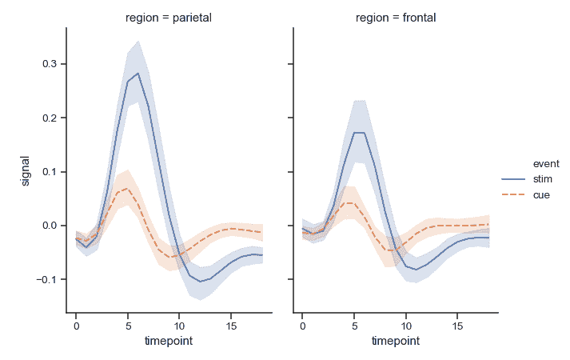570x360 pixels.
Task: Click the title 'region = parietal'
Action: click(169, 18)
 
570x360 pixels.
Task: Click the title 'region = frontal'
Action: click(396, 18)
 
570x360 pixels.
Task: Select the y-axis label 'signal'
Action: click(25, 170)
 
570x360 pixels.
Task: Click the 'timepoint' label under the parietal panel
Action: click(169, 341)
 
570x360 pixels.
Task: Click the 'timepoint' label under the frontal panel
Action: click(396, 341)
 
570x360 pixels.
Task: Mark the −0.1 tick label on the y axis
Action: click(44, 279)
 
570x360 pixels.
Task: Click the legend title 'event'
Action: click(524, 164)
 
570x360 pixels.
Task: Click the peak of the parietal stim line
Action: click(138, 73)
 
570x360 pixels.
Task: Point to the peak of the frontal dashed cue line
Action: click(349, 202)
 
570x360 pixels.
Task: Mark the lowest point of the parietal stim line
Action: click(200, 282)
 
